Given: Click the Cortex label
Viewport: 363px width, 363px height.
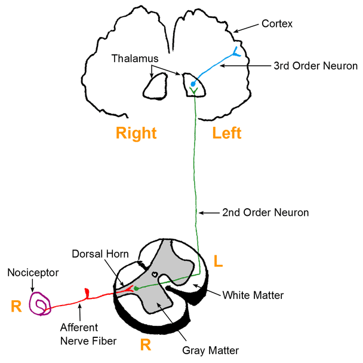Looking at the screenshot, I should [277, 25].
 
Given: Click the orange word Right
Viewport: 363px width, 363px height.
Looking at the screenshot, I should [136, 133].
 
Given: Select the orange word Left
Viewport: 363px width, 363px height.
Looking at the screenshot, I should [227, 133].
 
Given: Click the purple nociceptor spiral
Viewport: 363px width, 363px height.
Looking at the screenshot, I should [41, 304].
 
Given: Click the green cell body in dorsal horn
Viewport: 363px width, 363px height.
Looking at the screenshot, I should [136, 289].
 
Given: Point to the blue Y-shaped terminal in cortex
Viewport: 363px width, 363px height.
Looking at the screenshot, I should [236, 51].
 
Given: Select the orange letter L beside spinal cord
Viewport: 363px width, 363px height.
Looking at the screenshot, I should [219, 261].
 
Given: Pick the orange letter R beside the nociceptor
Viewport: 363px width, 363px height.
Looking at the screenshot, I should [16, 307].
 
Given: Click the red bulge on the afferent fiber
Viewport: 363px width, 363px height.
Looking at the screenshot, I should [88, 292].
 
